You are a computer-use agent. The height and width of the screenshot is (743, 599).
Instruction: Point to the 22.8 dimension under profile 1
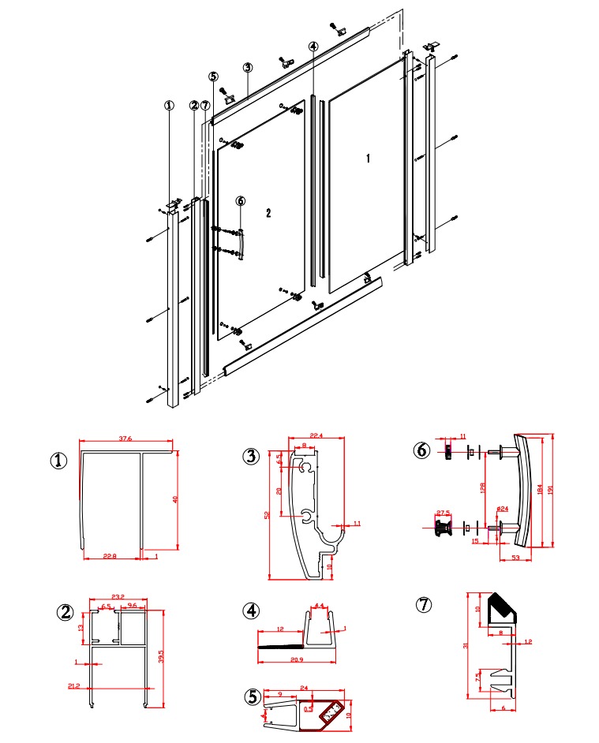point(110,557)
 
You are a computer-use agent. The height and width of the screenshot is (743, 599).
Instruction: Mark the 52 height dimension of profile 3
point(268,515)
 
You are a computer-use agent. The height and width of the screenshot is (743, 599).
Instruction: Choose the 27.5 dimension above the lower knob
point(443,513)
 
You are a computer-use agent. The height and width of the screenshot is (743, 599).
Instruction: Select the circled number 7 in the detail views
point(425,605)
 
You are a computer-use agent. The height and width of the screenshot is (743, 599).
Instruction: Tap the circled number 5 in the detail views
point(252,697)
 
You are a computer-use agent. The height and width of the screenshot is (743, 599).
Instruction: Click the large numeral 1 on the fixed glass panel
point(368,159)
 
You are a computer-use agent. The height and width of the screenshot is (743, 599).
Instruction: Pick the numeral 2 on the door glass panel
point(268,214)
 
